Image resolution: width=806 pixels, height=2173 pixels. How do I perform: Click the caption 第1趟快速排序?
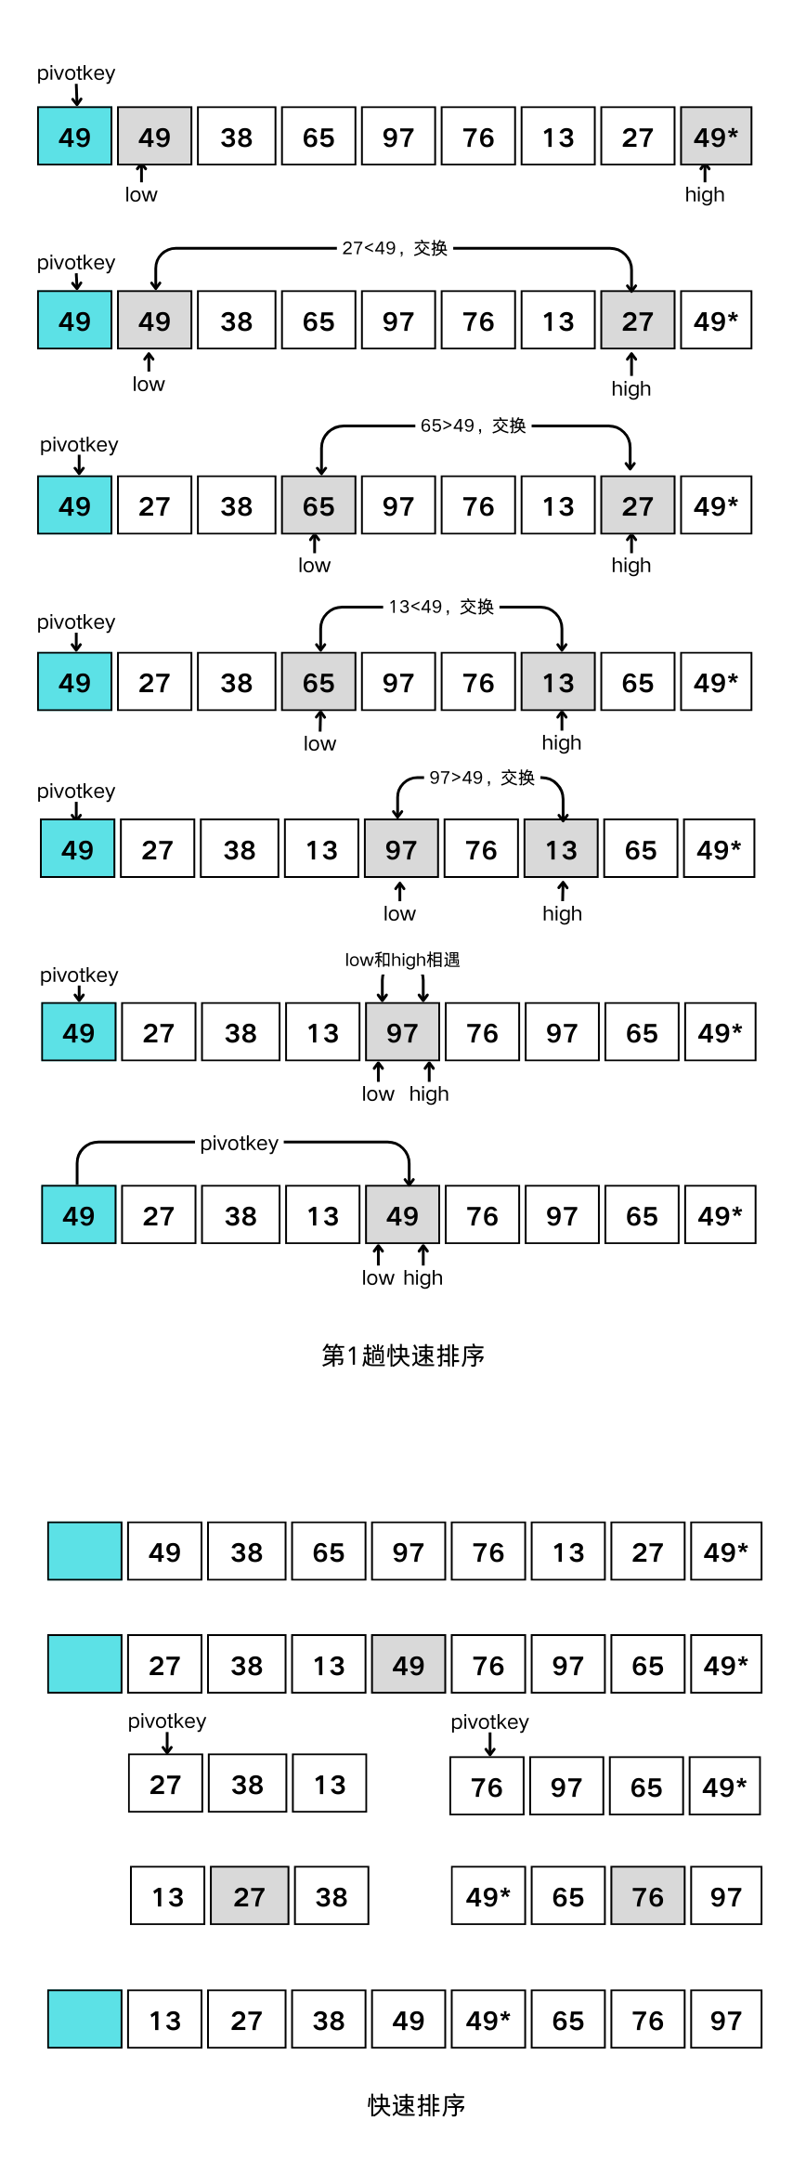tap(403, 1355)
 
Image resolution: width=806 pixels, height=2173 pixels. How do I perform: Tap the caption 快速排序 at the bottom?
tap(416, 2105)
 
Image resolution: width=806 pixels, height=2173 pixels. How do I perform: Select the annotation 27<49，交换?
tap(395, 248)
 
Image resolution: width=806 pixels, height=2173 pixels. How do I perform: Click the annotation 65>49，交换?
tap(473, 425)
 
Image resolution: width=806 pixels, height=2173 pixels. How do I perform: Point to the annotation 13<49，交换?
tap(441, 607)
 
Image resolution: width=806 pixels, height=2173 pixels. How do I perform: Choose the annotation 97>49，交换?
tap(482, 778)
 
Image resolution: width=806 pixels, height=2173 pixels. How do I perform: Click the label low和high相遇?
tap(402, 960)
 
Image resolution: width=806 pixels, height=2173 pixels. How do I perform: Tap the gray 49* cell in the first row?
tap(716, 137)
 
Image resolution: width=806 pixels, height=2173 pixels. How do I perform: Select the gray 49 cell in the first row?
tap(154, 137)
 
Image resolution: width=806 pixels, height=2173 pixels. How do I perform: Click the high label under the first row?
tap(704, 194)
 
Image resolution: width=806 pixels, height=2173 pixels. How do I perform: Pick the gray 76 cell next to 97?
tap(647, 1896)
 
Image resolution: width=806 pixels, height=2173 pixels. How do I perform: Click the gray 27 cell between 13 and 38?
tap(249, 1896)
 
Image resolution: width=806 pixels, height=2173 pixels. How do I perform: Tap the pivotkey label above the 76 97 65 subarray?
tap(489, 1721)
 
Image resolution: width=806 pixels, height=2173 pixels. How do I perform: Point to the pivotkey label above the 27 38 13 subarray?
tap(167, 1721)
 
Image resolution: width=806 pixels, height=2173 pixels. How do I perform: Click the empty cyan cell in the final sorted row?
tap(84, 2020)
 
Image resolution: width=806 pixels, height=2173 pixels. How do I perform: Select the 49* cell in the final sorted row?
tap(487, 2020)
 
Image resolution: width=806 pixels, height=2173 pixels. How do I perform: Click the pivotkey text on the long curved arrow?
tap(239, 1143)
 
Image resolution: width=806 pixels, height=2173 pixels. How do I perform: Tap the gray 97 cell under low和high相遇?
tap(402, 1032)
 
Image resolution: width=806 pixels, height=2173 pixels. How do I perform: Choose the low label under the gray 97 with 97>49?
tap(399, 913)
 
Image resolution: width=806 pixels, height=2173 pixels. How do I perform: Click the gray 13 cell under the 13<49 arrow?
tap(558, 682)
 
